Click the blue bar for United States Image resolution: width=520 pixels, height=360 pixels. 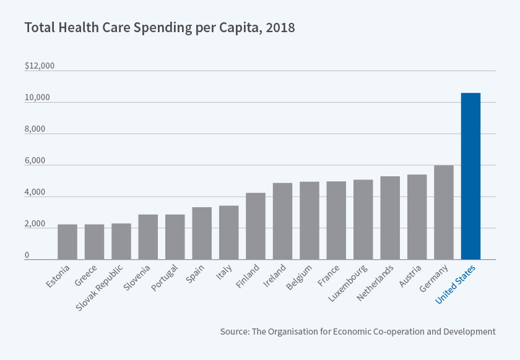point(470,176)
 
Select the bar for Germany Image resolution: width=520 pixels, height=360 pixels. point(444,212)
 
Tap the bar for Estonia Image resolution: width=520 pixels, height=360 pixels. point(67,242)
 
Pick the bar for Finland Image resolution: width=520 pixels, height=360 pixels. point(256,226)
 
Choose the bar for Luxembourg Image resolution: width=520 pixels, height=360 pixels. point(363,220)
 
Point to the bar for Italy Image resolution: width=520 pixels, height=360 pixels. point(229,233)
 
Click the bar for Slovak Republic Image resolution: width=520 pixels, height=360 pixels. point(121,241)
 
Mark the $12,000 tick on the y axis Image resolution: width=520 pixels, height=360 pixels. point(40,66)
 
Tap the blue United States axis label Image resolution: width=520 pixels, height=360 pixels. point(455,284)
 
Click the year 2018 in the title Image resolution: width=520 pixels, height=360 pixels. point(281,28)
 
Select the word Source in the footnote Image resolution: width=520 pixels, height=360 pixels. point(234,332)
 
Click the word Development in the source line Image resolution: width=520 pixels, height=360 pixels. point(468,332)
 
